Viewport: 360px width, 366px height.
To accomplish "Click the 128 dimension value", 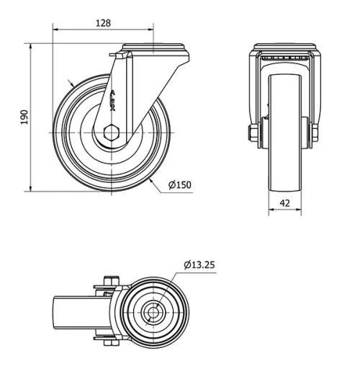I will coord(103,23).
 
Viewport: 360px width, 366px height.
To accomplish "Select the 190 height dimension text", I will coord(24,117).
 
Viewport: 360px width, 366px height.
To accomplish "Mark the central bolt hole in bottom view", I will coord(153,313).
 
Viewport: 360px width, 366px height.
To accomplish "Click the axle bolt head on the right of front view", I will coord(315,133).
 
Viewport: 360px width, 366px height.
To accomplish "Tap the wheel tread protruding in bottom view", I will coord(63,313).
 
